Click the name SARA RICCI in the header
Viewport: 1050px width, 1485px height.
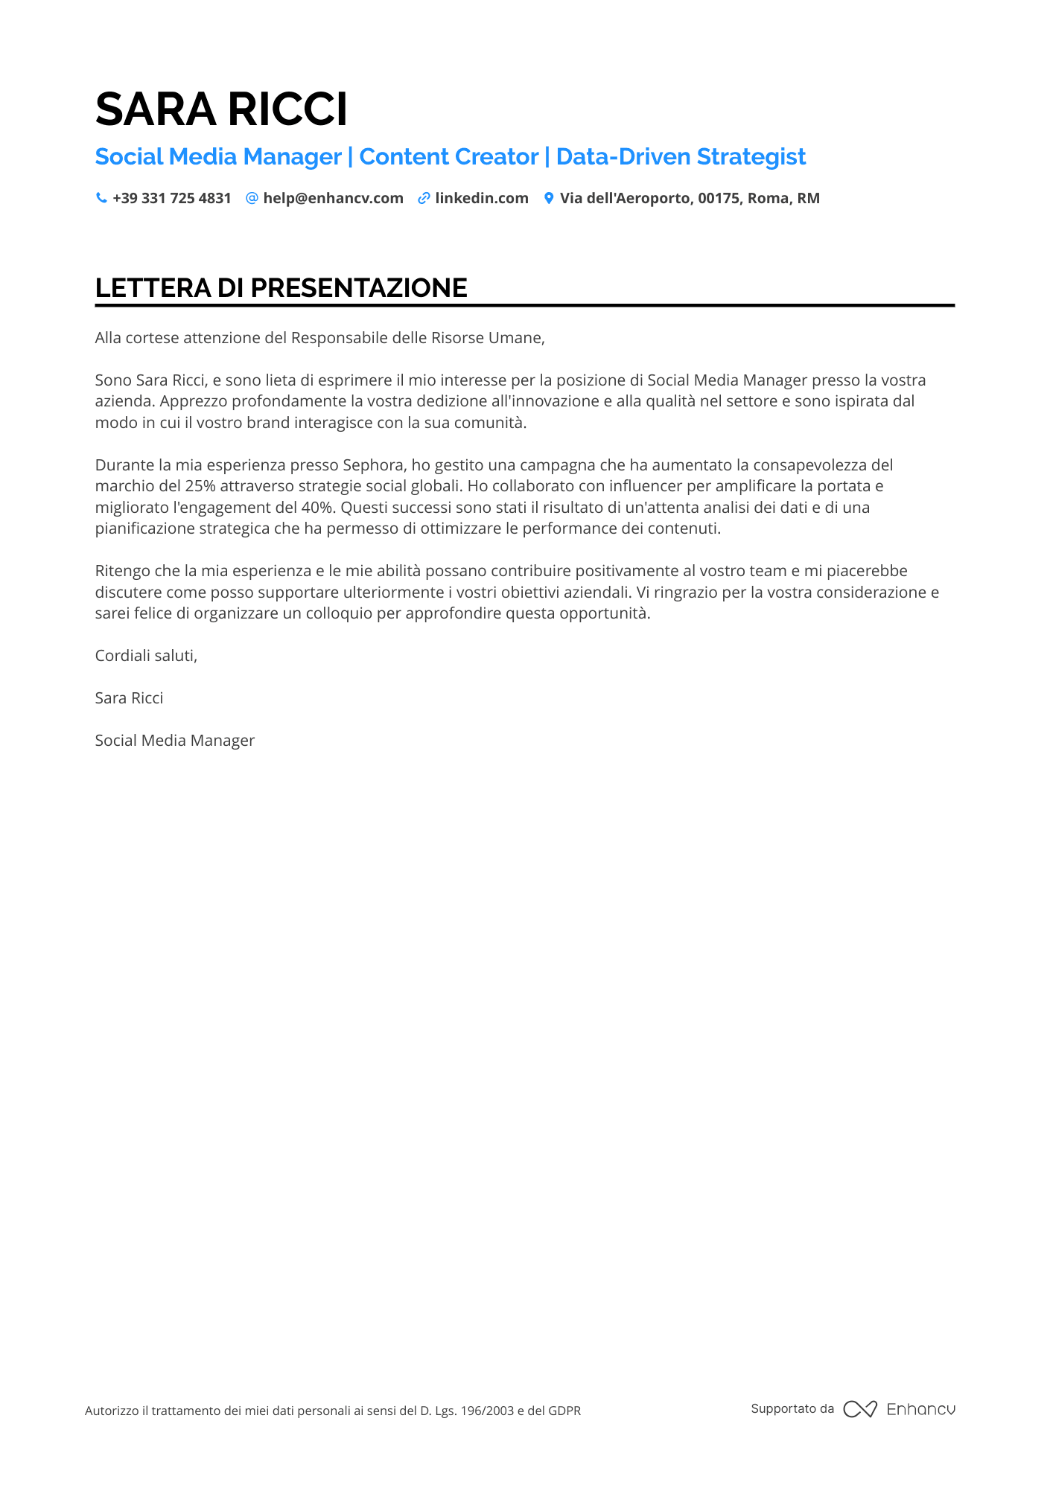[x=221, y=109]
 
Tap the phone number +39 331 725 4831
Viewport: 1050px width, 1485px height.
[x=172, y=198]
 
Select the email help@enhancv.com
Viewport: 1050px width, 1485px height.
[x=333, y=198]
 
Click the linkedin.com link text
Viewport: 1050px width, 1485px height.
[x=482, y=198]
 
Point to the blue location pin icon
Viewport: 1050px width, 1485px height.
[x=549, y=198]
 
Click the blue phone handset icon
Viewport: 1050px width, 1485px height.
[x=101, y=198]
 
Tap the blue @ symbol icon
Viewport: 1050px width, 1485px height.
[x=252, y=198]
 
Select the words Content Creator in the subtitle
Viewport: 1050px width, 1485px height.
[x=448, y=157]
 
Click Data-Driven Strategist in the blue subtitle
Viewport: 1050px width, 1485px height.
[x=681, y=157]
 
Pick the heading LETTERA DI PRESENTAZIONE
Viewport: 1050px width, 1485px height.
[x=281, y=288]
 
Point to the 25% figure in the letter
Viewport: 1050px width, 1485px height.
[x=200, y=486]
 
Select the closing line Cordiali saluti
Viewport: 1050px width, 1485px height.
[x=146, y=656]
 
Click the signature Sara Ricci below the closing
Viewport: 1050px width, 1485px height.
[x=129, y=698]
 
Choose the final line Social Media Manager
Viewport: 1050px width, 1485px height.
[x=175, y=741]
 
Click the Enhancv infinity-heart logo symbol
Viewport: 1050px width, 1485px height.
[x=860, y=1409]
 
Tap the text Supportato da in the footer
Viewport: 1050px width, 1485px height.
[x=792, y=1409]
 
